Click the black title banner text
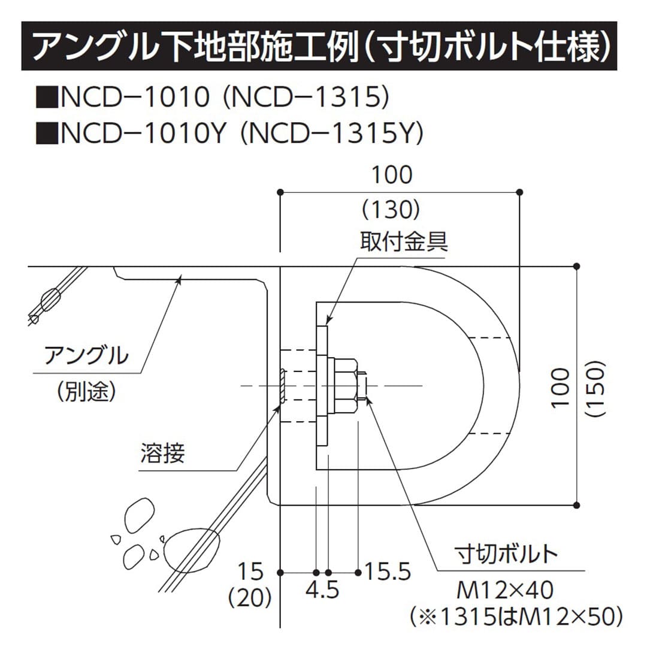click(323, 47)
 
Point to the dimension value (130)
click(392, 209)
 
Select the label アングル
click(86, 355)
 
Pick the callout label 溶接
click(163, 453)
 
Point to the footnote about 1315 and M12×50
click(515, 615)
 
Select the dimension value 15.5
click(388, 572)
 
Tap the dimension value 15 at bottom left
click(250, 572)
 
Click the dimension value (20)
click(250, 597)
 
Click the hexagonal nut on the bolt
click(346, 384)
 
